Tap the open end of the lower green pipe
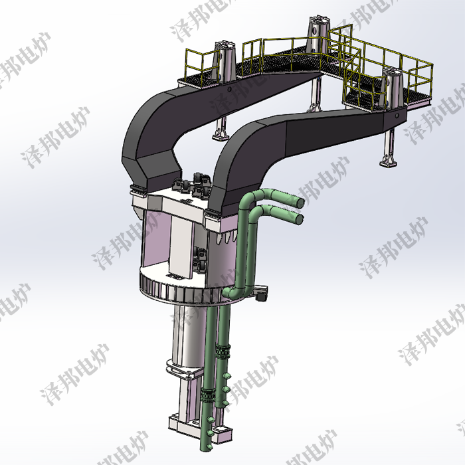tap(300, 217)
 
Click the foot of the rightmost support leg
tap(385, 161)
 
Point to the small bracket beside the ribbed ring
tap(261, 291)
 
